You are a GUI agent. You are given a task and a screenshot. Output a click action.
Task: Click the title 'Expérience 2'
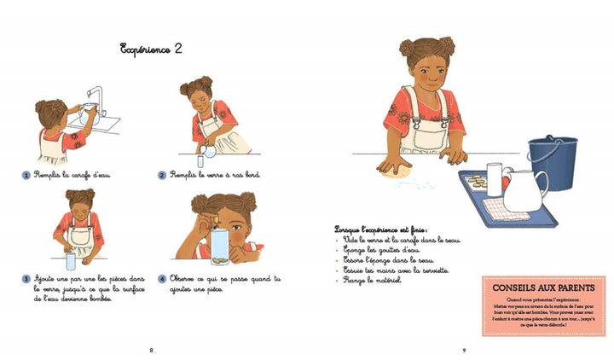point(152,48)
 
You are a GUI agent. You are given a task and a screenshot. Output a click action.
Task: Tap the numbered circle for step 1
point(27,175)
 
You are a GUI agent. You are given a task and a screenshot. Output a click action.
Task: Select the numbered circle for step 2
point(161,175)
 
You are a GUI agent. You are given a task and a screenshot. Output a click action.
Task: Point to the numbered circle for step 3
point(27,278)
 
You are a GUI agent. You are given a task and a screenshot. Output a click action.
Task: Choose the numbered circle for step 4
point(161,278)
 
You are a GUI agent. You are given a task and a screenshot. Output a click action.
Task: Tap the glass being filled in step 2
point(200,160)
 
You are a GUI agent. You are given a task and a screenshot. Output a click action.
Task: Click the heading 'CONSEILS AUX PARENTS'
point(543,289)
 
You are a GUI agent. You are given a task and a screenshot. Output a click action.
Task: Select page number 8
point(151,350)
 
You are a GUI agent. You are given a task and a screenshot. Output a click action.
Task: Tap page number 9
point(464,350)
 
